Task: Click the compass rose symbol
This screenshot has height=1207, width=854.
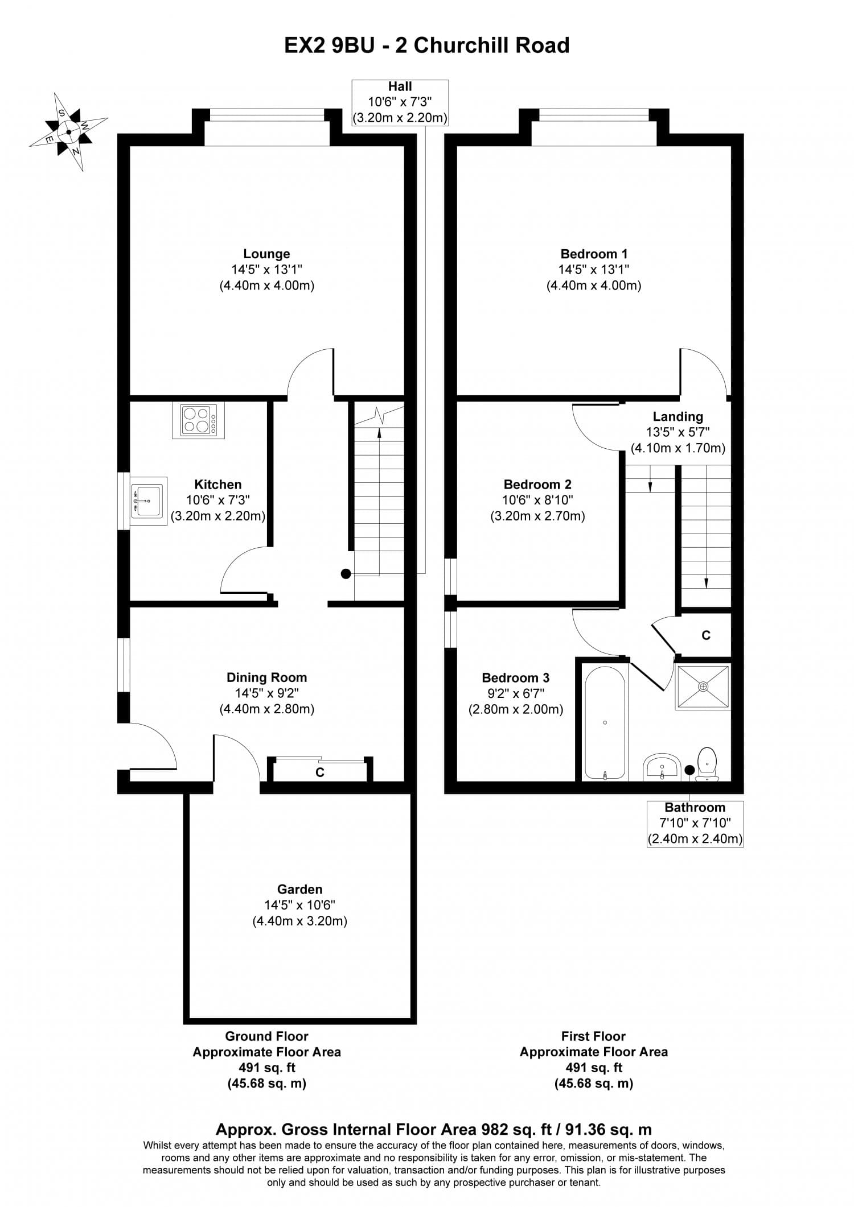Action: [68, 132]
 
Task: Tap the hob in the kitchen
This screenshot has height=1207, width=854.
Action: [198, 420]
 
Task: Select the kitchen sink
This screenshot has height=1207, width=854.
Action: [148, 501]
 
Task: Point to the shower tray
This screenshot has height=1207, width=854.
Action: [703, 687]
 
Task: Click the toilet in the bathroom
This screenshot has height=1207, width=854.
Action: [707, 763]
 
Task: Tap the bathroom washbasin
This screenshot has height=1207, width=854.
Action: [662, 768]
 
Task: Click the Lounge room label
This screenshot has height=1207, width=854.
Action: [266, 254]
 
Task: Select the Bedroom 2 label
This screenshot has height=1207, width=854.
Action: [537, 485]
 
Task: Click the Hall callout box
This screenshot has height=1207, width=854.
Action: [400, 102]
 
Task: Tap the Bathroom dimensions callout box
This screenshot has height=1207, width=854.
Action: [695, 823]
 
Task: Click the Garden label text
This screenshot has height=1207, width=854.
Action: [299, 889]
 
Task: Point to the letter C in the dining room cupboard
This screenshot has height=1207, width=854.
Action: [320, 772]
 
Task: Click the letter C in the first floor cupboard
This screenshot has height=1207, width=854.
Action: [706, 635]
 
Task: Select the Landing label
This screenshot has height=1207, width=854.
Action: [678, 417]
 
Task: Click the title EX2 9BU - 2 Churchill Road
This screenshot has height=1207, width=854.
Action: [426, 46]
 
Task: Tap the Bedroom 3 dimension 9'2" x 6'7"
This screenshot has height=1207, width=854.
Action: [515, 693]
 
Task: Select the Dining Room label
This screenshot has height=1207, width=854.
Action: [266, 677]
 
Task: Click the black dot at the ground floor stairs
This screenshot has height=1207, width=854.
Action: [346, 574]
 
